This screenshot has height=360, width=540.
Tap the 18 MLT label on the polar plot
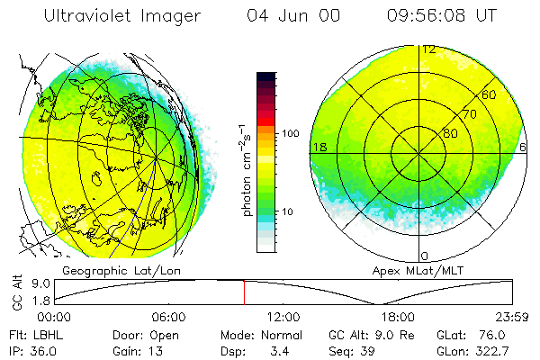point(319,147)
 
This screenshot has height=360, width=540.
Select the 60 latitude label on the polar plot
point(489,94)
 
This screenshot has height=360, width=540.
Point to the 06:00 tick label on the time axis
point(168,317)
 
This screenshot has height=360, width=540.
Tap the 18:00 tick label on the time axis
point(398,317)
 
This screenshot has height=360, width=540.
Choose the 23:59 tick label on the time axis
point(514,317)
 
